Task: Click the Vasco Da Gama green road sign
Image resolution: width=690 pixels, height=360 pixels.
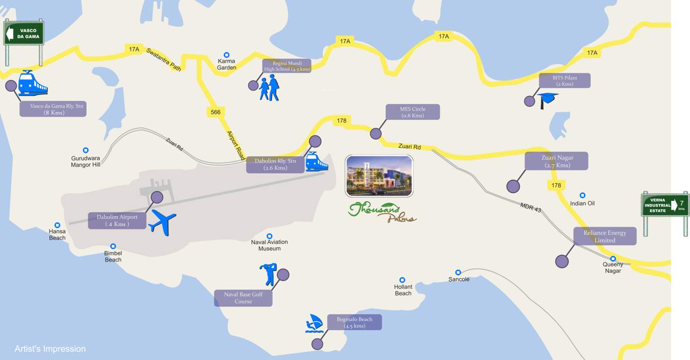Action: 24,34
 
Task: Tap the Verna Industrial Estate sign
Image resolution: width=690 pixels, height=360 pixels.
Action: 665,205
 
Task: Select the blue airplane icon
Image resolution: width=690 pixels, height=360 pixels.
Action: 163,223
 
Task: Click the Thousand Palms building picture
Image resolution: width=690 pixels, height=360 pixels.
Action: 379,176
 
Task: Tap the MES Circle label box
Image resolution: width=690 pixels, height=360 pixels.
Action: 413,112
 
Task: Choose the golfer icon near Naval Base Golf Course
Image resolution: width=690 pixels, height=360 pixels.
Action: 269,274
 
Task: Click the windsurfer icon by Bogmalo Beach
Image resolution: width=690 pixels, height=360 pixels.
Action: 314,323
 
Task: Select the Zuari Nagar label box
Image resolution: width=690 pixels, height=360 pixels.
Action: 556,161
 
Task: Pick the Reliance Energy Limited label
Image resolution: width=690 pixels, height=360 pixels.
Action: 605,236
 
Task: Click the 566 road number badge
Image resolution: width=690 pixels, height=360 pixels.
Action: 215,112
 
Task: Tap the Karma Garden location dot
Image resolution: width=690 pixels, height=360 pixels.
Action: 226,55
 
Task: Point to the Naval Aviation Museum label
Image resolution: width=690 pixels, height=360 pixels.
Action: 269,245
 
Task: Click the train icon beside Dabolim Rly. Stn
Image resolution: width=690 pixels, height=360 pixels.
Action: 316,162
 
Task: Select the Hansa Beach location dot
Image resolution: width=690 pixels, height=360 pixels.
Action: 57,225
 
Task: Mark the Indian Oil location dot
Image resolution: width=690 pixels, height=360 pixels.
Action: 582,195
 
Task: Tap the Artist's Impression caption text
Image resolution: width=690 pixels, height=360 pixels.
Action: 50,349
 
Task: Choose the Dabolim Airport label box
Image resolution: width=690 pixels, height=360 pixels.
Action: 117,221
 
